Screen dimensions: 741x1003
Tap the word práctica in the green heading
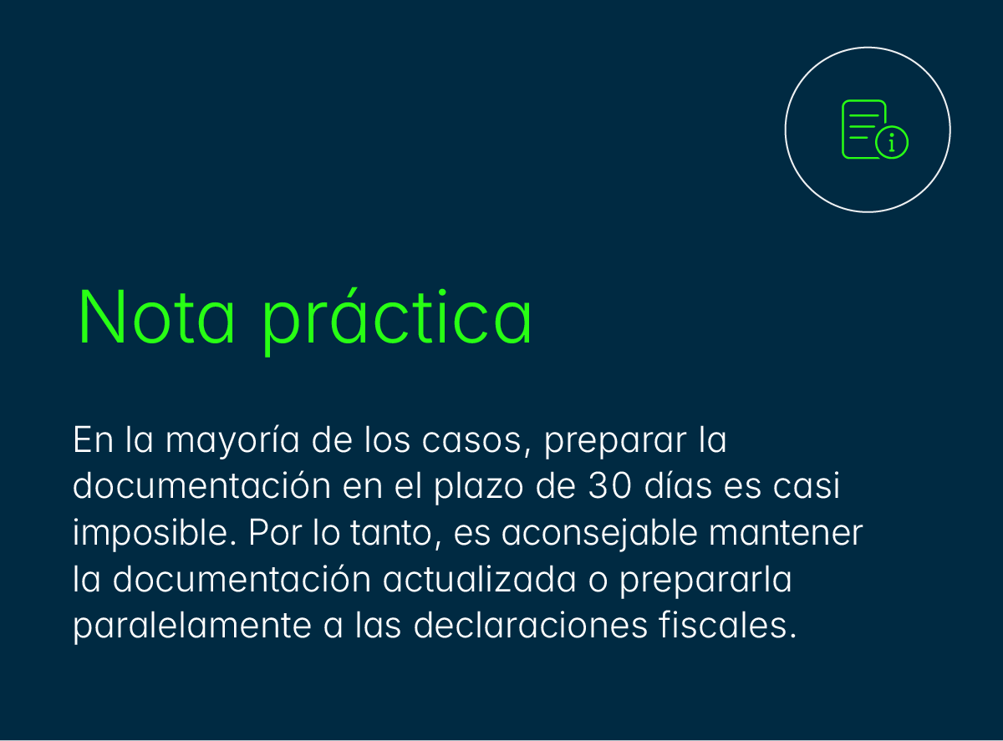(397, 319)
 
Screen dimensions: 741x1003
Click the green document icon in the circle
(865, 129)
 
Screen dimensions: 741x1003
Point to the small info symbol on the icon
(892, 144)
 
